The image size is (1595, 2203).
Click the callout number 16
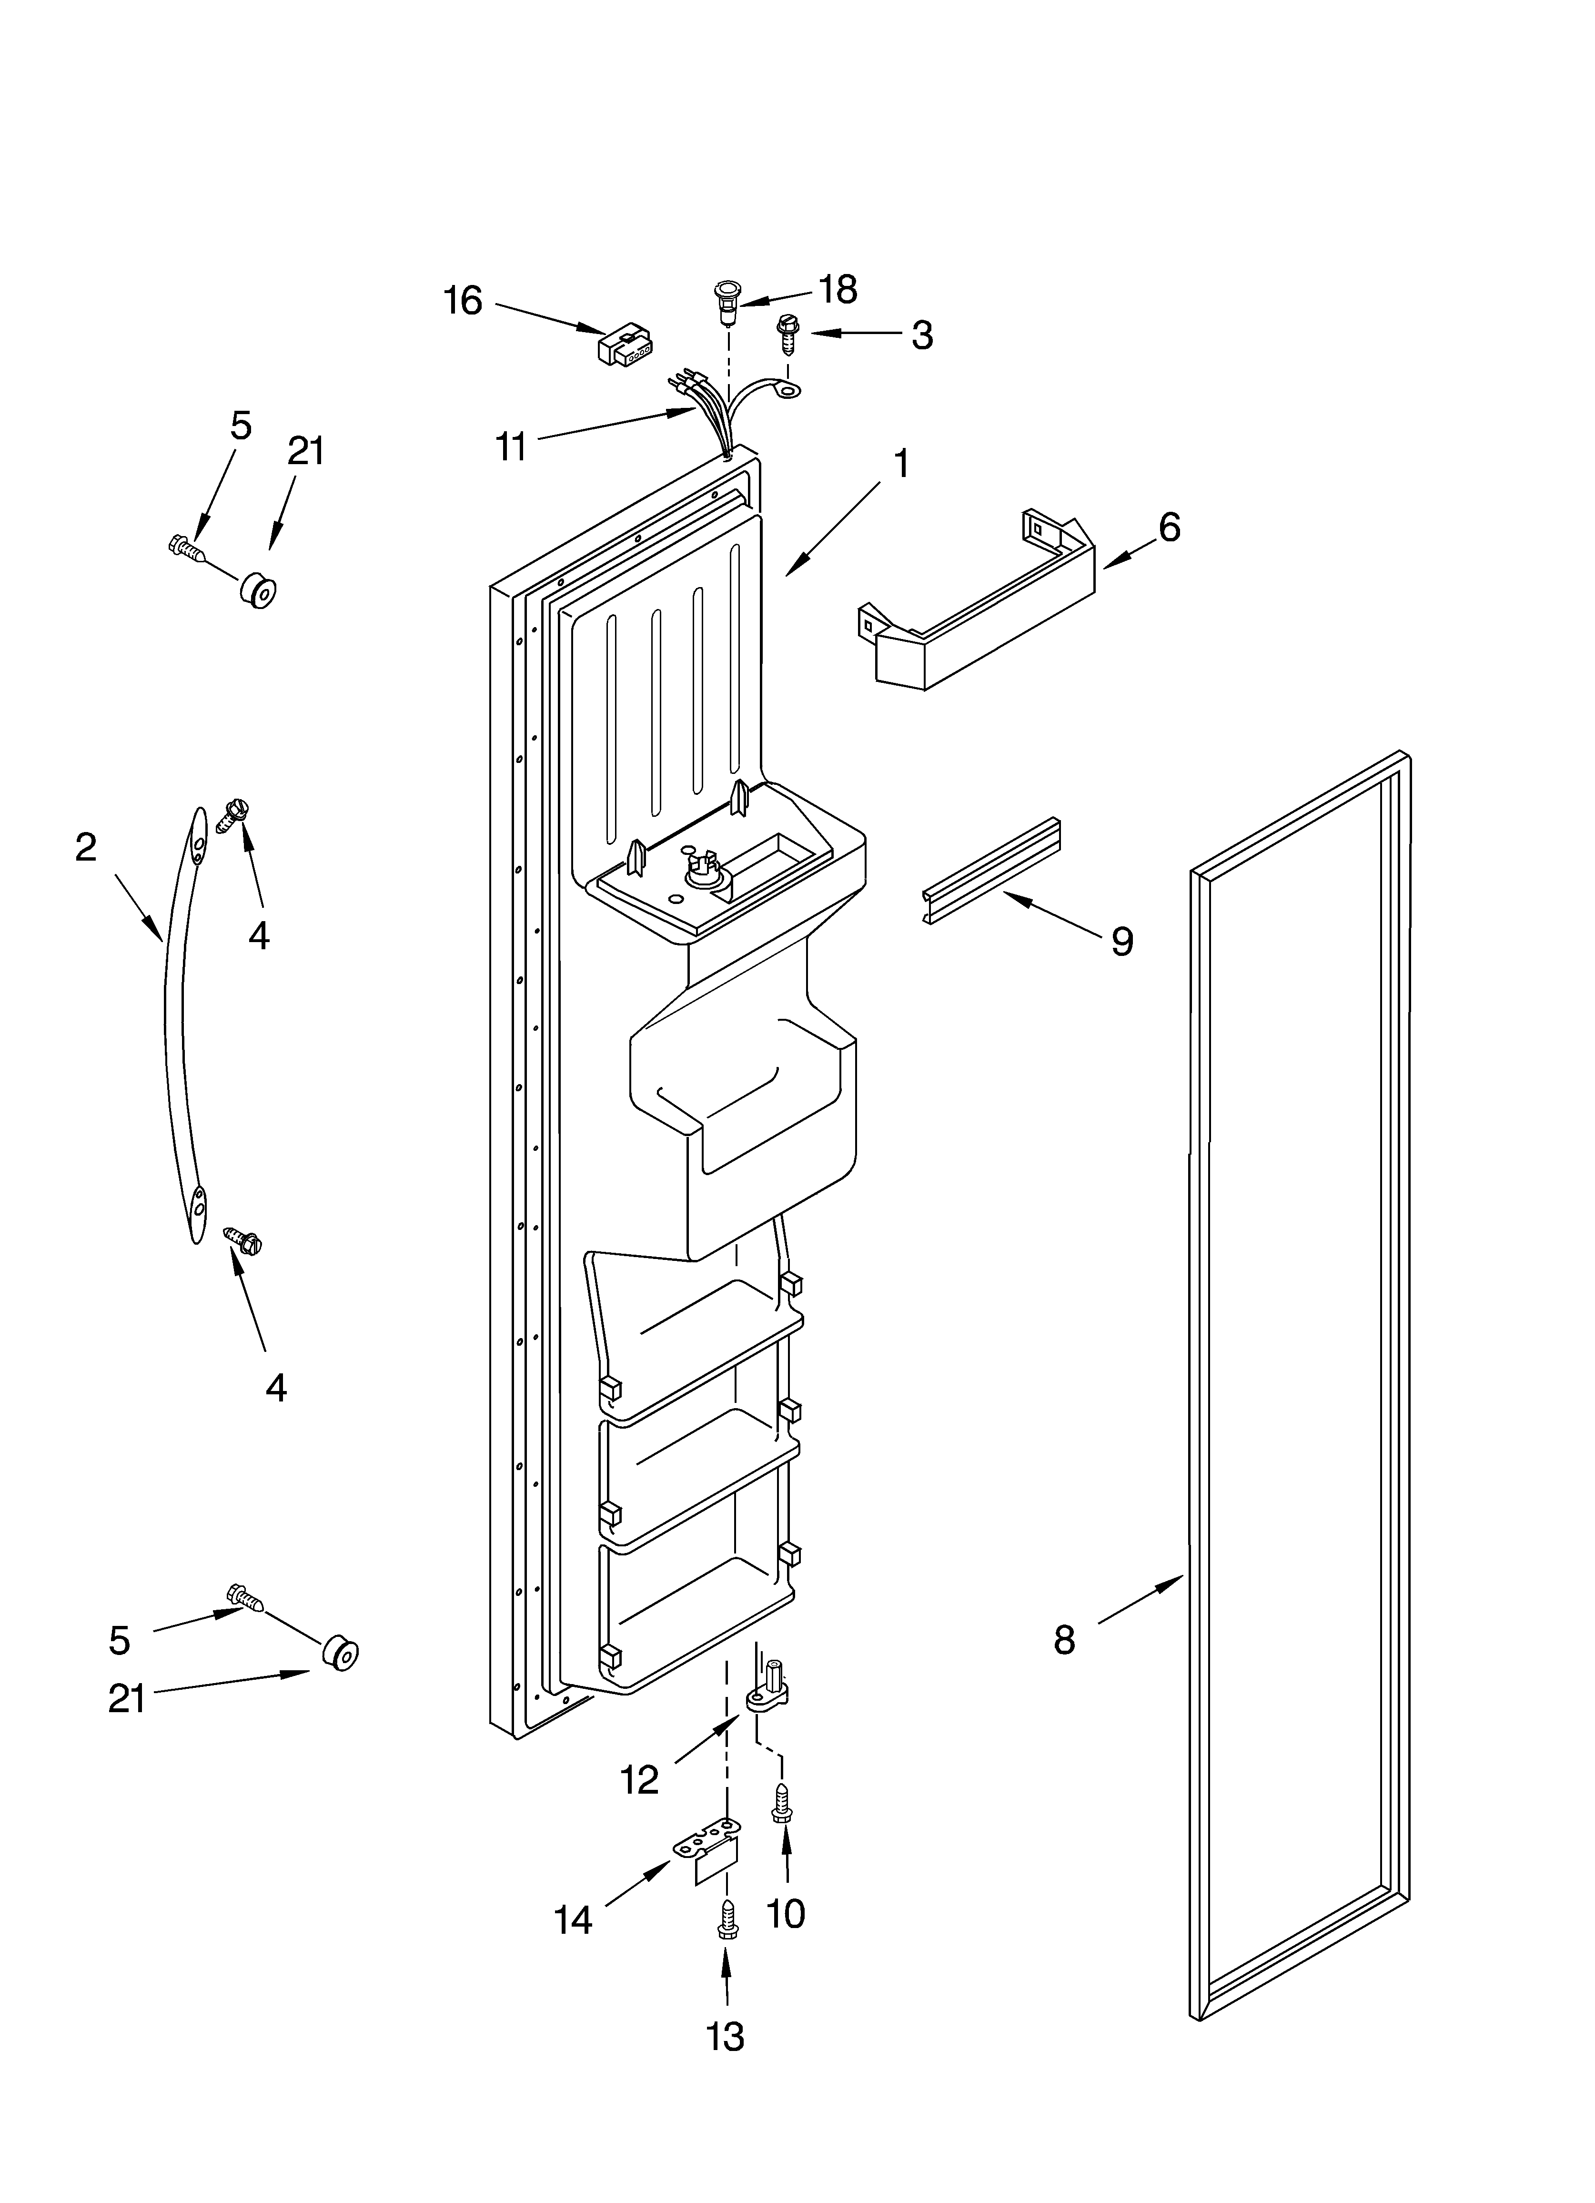coord(464,301)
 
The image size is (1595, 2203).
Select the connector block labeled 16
coord(625,345)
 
